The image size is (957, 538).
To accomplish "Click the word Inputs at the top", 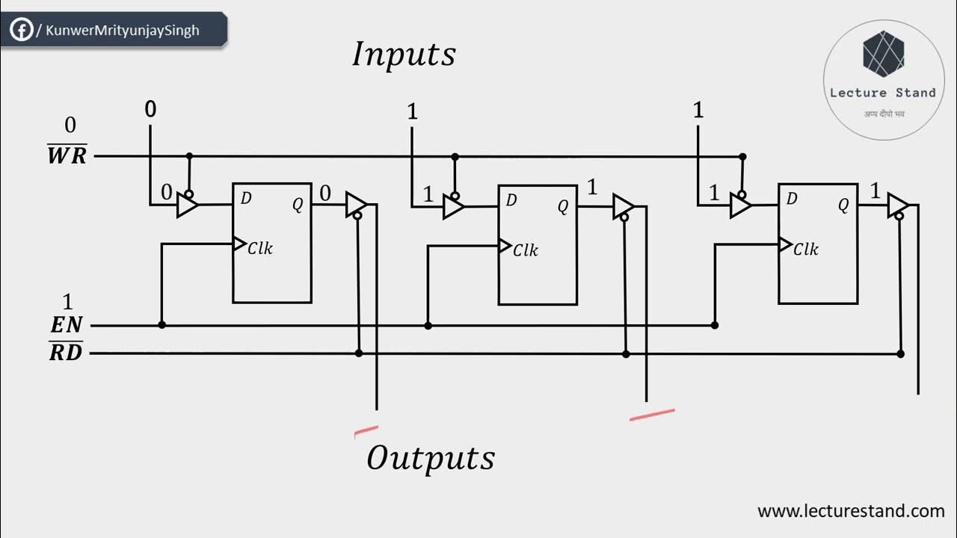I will (x=404, y=55).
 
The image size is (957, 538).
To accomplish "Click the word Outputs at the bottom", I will (x=431, y=457).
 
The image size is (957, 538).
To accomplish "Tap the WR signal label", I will (x=67, y=156).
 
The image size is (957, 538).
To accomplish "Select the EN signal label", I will (x=67, y=326).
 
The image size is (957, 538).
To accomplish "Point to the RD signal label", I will (x=66, y=352).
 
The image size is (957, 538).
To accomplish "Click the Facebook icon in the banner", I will (x=21, y=31).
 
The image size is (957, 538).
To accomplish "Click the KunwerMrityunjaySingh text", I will (x=123, y=31).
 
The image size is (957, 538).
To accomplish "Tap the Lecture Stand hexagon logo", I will (x=883, y=54).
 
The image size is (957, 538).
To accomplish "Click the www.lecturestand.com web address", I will (x=851, y=511).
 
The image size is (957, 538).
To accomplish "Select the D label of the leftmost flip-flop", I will (x=246, y=198).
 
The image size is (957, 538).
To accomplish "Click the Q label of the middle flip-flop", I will (x=563, y=207).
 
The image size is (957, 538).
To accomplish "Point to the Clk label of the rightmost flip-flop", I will (x=805, y=249).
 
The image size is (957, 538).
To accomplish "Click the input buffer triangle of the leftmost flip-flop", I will (x=187, y=205).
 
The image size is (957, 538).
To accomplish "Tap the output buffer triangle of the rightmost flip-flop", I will (x=898, y=205).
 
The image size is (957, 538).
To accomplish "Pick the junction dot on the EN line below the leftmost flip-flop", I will (x=161, y=325).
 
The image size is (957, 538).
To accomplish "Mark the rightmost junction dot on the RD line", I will (x=900, y=353).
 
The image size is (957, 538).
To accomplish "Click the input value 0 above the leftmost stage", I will (x=150, y=110).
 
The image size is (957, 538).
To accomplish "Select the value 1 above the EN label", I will (x=68, y=302).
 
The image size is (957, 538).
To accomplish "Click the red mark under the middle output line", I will (x=652, y=415).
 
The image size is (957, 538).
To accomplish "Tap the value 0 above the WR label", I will (x=70, y=125).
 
